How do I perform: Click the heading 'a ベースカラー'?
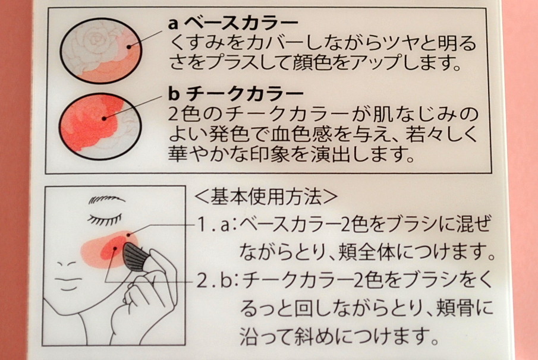[233, 23]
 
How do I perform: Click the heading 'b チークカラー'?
[236, 93]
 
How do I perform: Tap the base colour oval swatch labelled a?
[101, 51]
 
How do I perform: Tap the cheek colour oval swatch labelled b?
[100, 126]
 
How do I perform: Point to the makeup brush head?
[134, 257]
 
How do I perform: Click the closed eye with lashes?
[105, 219]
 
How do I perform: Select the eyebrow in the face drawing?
[106, 199]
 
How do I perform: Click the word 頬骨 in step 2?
[456, 308]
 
